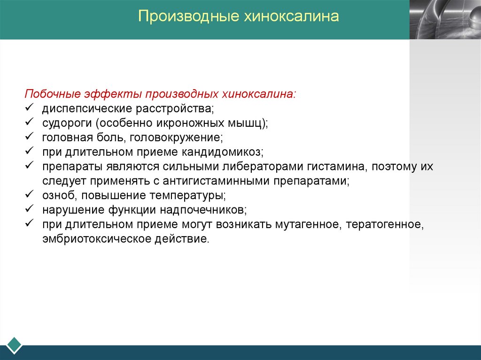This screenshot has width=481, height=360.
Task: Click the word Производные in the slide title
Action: [x=188, y=16]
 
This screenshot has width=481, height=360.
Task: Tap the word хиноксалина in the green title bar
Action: [x=291, y=16]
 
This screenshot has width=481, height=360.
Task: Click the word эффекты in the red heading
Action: [x=113, y=94]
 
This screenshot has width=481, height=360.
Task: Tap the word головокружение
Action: [x=176, y=138]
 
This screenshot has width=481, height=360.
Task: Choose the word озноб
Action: [x=60, y=195]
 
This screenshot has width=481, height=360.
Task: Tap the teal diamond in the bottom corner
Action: [x=14, y=345]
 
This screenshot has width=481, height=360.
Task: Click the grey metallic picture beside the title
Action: [x=445, y=20]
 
